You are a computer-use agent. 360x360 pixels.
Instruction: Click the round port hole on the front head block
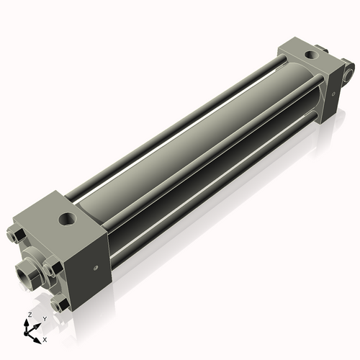[x=68, y=219]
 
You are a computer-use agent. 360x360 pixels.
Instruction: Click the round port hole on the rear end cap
[x=312, y=55]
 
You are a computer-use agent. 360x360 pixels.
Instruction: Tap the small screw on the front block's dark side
[x=96, y=267]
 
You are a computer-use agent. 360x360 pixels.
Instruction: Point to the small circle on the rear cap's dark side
[x=333, y=94]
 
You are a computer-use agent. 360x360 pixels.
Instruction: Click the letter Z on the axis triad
[x=30, y=315]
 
